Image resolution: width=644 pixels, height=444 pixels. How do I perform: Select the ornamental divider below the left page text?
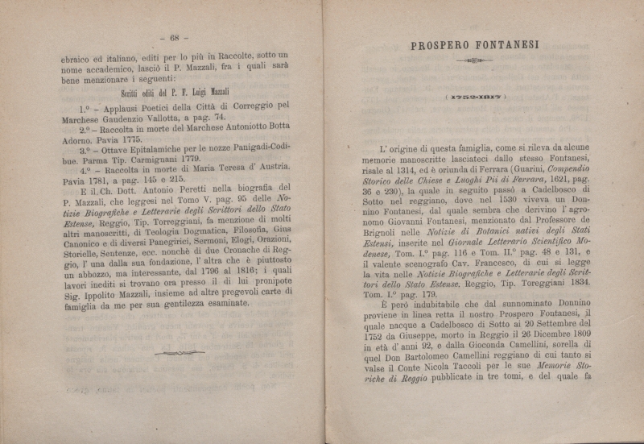[x=179, y=353]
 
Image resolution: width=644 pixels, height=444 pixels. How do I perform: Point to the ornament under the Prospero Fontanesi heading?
[x=474, y=60]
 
